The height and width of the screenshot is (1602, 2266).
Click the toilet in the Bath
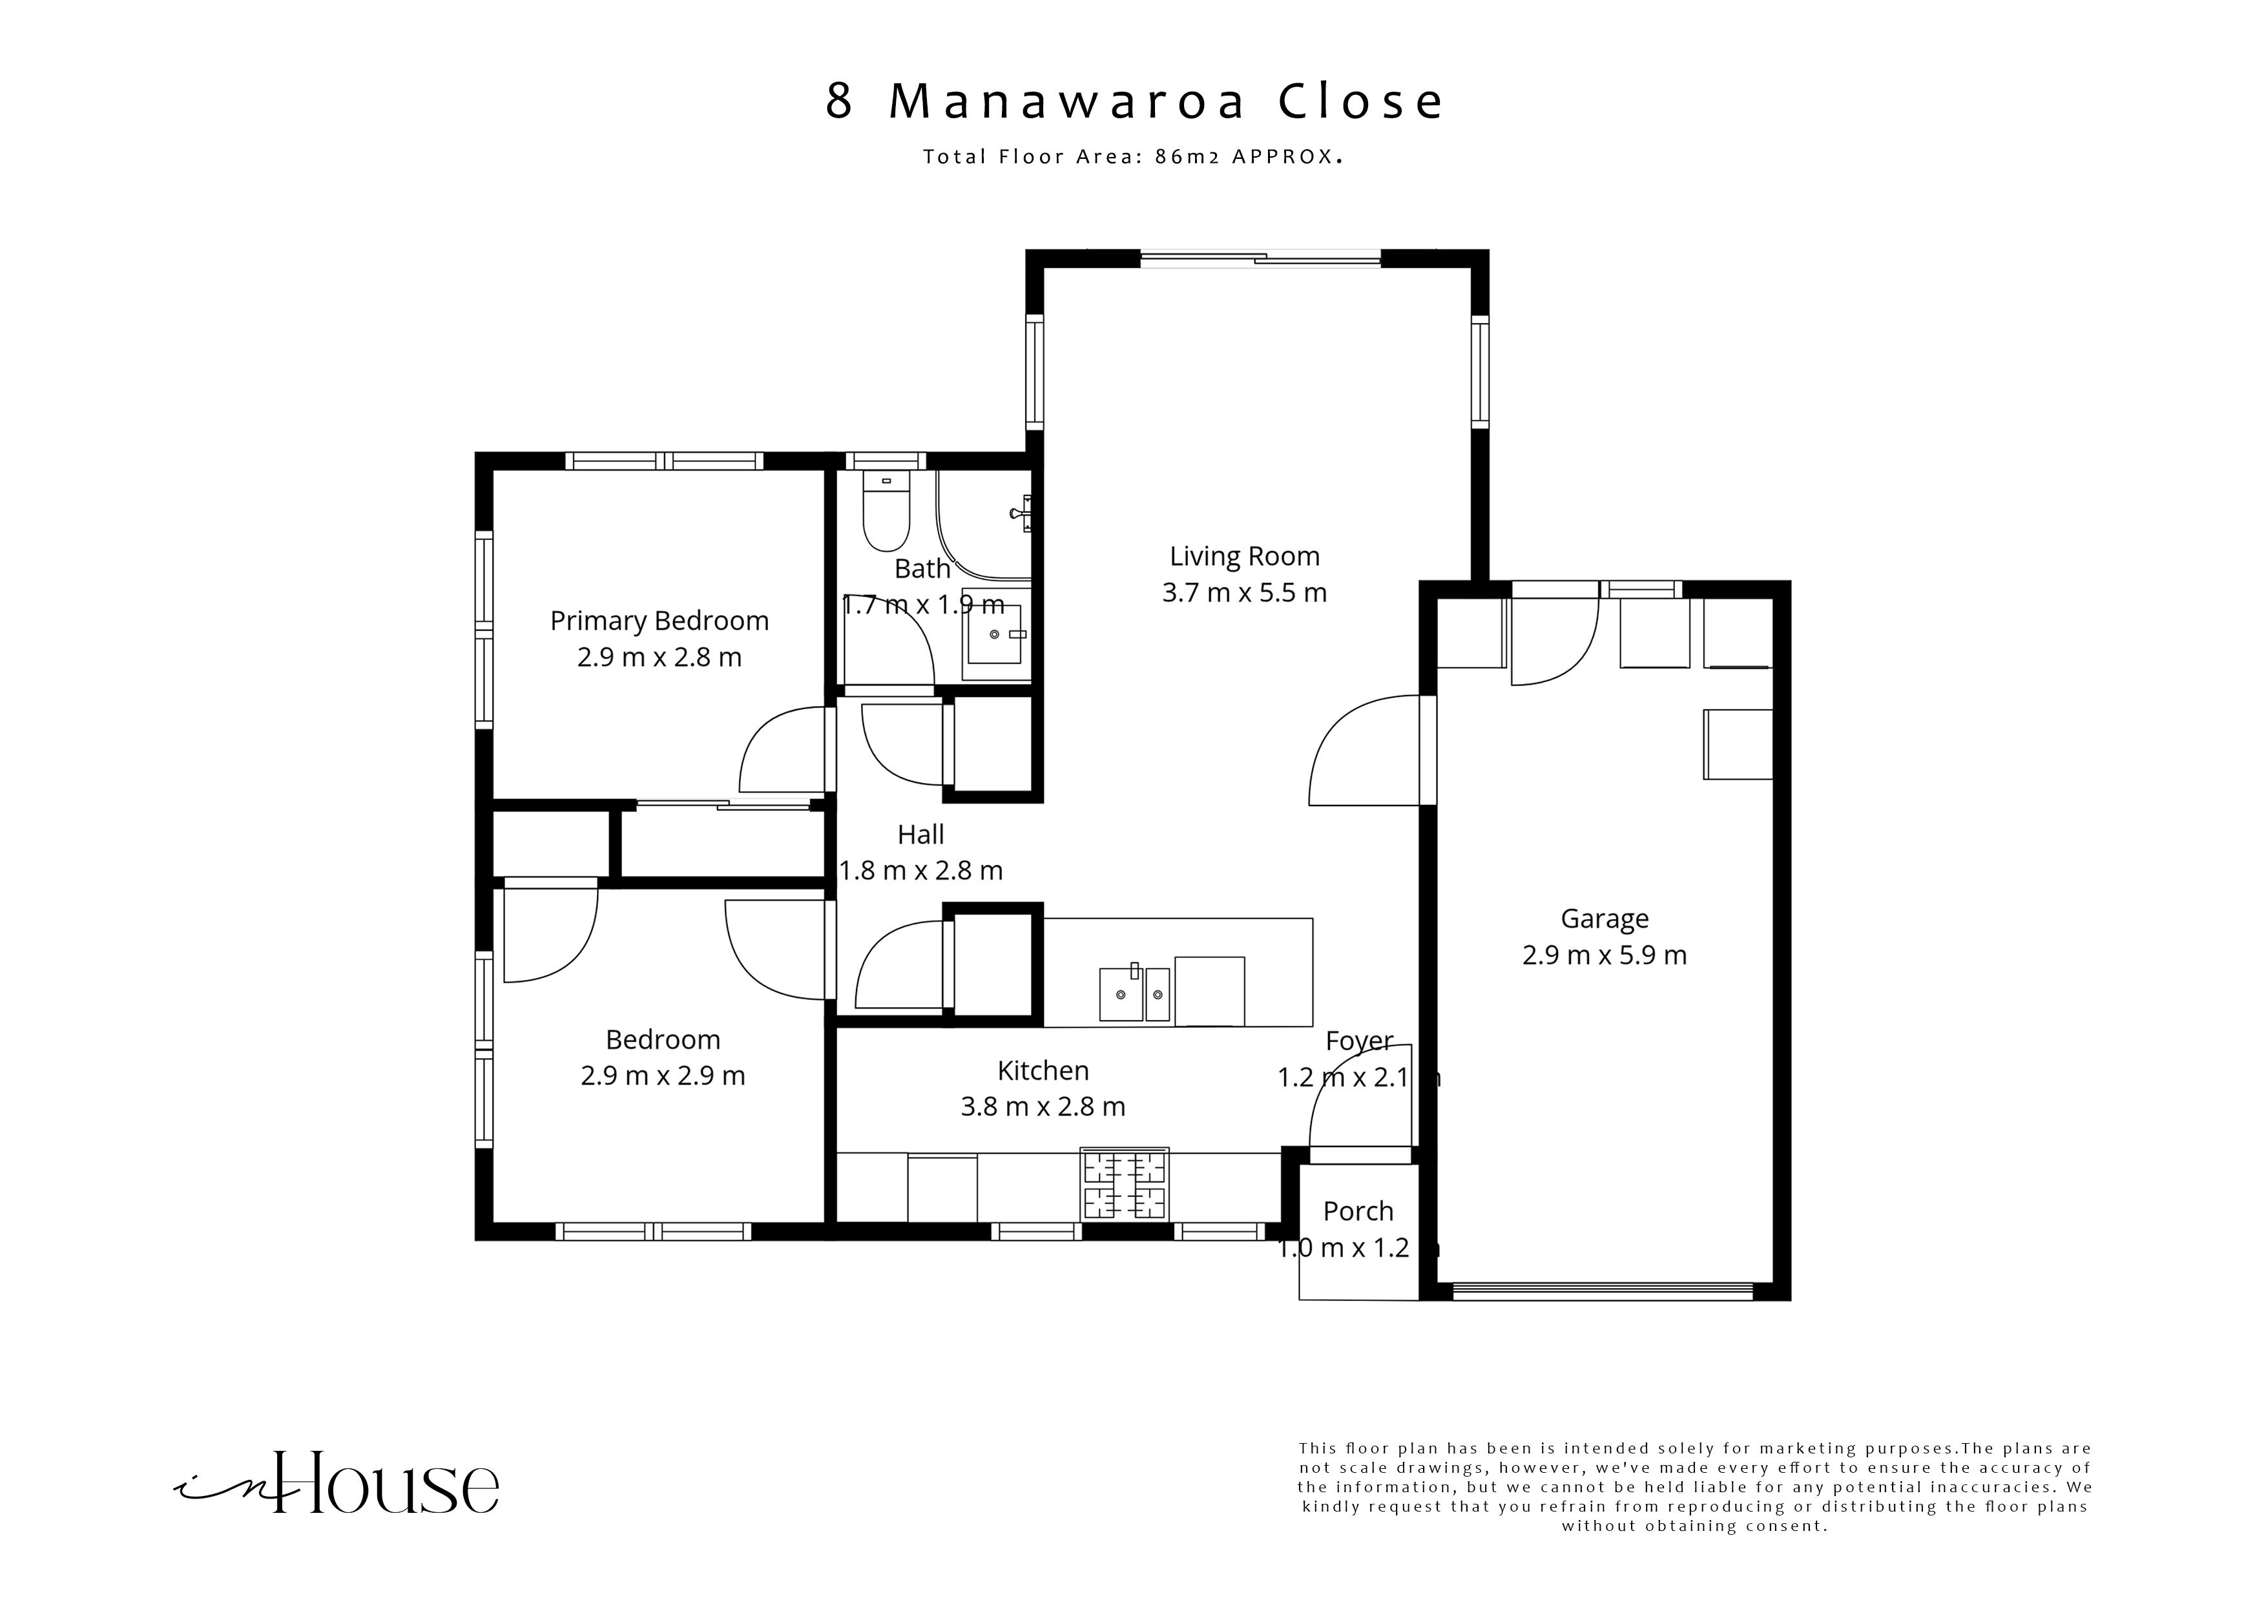[x=886, y=512]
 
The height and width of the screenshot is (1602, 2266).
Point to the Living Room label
[x=1245, y=557]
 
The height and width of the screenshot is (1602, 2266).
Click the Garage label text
[x=1604, y=919]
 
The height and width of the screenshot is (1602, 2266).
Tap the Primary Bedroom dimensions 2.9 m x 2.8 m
[x=660, y=658]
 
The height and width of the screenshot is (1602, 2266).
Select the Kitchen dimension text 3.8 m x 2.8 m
[x=1043, y=1107]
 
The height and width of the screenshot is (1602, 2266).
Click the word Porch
[x=1358, y=1211]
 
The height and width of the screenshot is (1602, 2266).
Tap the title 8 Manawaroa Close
[x=1135, y=101]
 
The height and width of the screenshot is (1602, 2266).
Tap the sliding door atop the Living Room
[x=1260, y=260]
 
